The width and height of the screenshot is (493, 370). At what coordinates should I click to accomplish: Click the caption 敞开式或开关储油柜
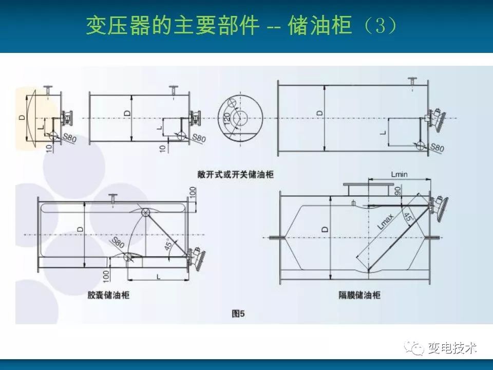coord(236,174)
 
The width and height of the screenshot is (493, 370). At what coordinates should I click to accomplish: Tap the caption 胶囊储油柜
coord(108,295)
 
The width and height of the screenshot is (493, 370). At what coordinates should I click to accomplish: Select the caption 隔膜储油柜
coord(359,295)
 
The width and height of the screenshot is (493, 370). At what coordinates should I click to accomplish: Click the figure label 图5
coord(238,313)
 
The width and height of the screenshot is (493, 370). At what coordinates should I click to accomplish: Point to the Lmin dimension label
coord(400,174)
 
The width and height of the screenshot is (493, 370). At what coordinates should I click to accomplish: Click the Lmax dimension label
coord(385,221)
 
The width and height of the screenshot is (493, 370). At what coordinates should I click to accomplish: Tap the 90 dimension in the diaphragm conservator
coord(397,191)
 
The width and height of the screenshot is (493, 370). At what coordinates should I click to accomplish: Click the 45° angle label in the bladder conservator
coord(168,245)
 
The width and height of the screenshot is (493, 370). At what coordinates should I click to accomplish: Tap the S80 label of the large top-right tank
coord(437,147)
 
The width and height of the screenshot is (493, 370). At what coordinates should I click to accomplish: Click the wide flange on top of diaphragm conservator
coord(367,184)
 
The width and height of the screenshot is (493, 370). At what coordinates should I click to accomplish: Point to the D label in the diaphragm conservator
coord(326,229)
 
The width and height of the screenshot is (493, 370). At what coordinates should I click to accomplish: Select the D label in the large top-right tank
coord(320,113)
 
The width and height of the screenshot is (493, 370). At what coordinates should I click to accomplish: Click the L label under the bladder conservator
coord(159,277)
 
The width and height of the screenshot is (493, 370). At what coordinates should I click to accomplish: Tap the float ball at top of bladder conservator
coord(145,212)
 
